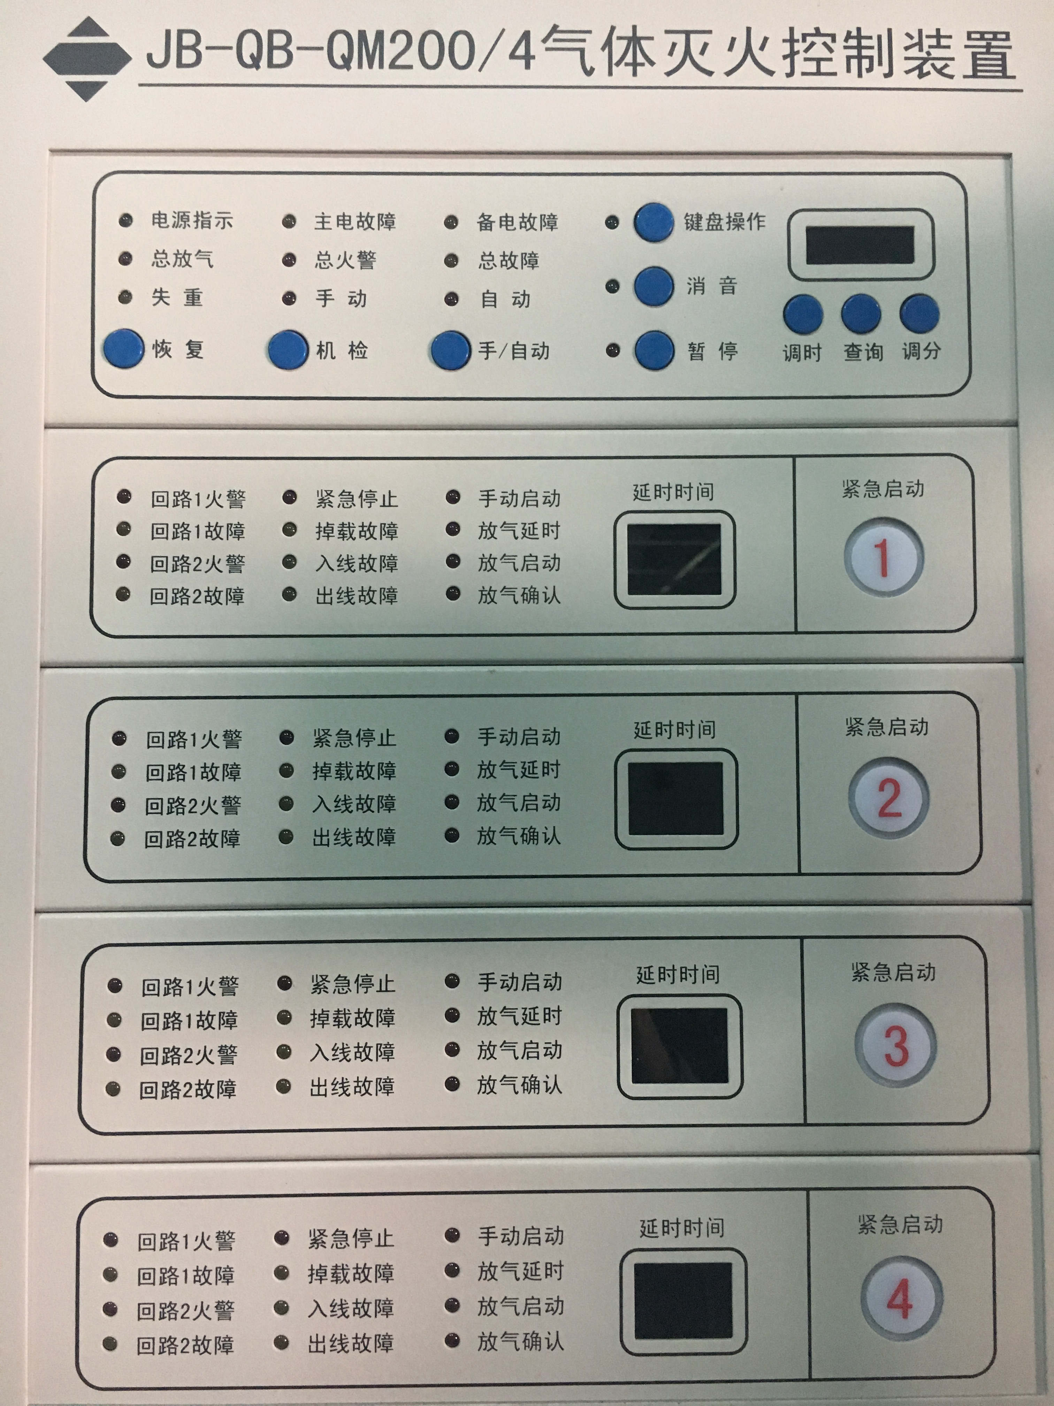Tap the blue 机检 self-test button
pyautogui.click(x=288, y=350)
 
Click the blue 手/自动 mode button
pyautogui.click(x=450, y=350)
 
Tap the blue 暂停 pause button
pyautogui.click(x=654, y=350)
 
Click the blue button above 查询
pyautogui.click(x=861, y=314)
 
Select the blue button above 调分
pyautogui.click(x=919, y=314)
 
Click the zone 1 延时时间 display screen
pyautogui.click(x=674, y=559)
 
